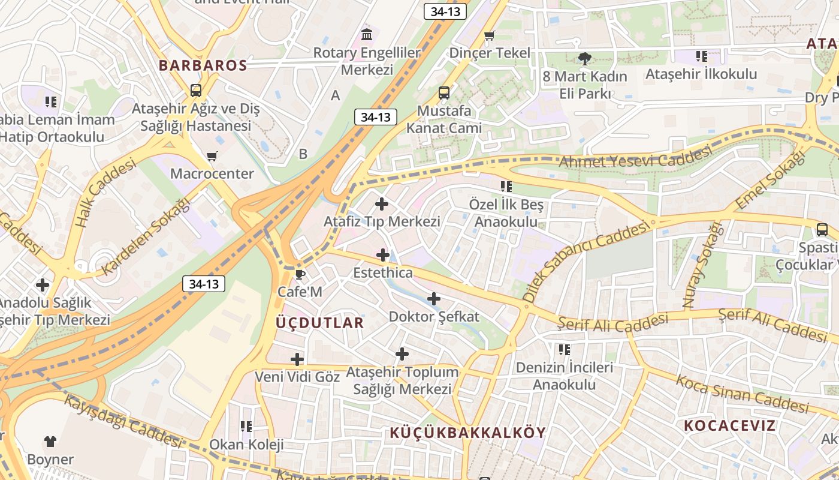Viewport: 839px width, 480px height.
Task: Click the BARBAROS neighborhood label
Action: pyautogui.click(x=203, y=65)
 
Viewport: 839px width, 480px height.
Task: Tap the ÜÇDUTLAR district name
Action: pyautogui.click(x=319, y=323)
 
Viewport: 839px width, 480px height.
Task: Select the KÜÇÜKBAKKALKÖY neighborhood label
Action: pyautogui.click(x=468, y=433)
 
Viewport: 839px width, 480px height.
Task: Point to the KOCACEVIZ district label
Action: pyautogui.click(x=730, y=426)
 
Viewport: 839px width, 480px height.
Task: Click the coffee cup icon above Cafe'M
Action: pyautogui.click(x=300, y=275)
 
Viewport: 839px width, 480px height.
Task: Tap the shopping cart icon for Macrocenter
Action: pyautogui.click(x=212, y=157)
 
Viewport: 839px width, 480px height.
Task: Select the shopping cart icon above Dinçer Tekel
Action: pyautogui.click(x=490, y=35)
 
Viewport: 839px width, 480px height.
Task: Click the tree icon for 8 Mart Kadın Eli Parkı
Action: pyautogui.click(x=584, y=59)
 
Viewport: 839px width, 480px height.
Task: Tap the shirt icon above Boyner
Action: pyautogui.click(x=50, y=442)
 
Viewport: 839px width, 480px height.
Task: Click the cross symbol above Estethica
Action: pyautogui.click(x=383, y=255)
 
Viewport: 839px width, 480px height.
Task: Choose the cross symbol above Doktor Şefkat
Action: pyautogui.click(x=434, y=298)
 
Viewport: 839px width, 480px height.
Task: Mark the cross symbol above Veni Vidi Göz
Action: pyautogui.click(x=297, y=359)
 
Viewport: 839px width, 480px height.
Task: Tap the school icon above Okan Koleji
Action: pyautogui.click(x=246, y=427)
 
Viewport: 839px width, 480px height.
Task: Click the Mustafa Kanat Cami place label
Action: pyautogui.click(x=444, y=119)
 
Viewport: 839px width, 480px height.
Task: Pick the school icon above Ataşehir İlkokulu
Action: pyautogui.click(x=701, y=56)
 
